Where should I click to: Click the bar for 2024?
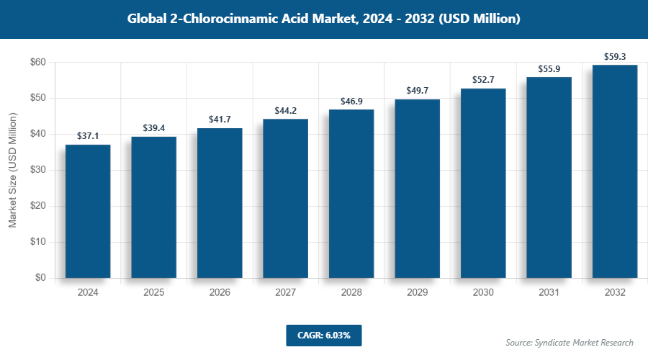[x=88, y=211]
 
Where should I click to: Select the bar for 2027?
[x=285, y=198]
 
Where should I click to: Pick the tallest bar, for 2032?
[x=615, y=171]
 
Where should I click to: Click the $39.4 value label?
[x=153, y=128]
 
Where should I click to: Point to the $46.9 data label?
[x=351, y=102]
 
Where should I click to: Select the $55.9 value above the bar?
[x=549, y=69]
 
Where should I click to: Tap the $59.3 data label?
[x=615, y=56]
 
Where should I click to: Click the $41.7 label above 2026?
[x=220, y=120]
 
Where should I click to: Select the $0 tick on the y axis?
[x=40, y=278]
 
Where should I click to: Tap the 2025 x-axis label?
[x=153, y=293]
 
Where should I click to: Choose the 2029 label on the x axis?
[x=417, y=293]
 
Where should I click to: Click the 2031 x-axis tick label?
[x=549, y=293]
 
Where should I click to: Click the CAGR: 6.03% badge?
[x=323, y=335]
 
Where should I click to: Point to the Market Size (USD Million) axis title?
[x=12, y=171]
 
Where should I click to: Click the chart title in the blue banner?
[x=323, y=19]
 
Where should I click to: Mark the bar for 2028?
[x=351, y=194]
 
